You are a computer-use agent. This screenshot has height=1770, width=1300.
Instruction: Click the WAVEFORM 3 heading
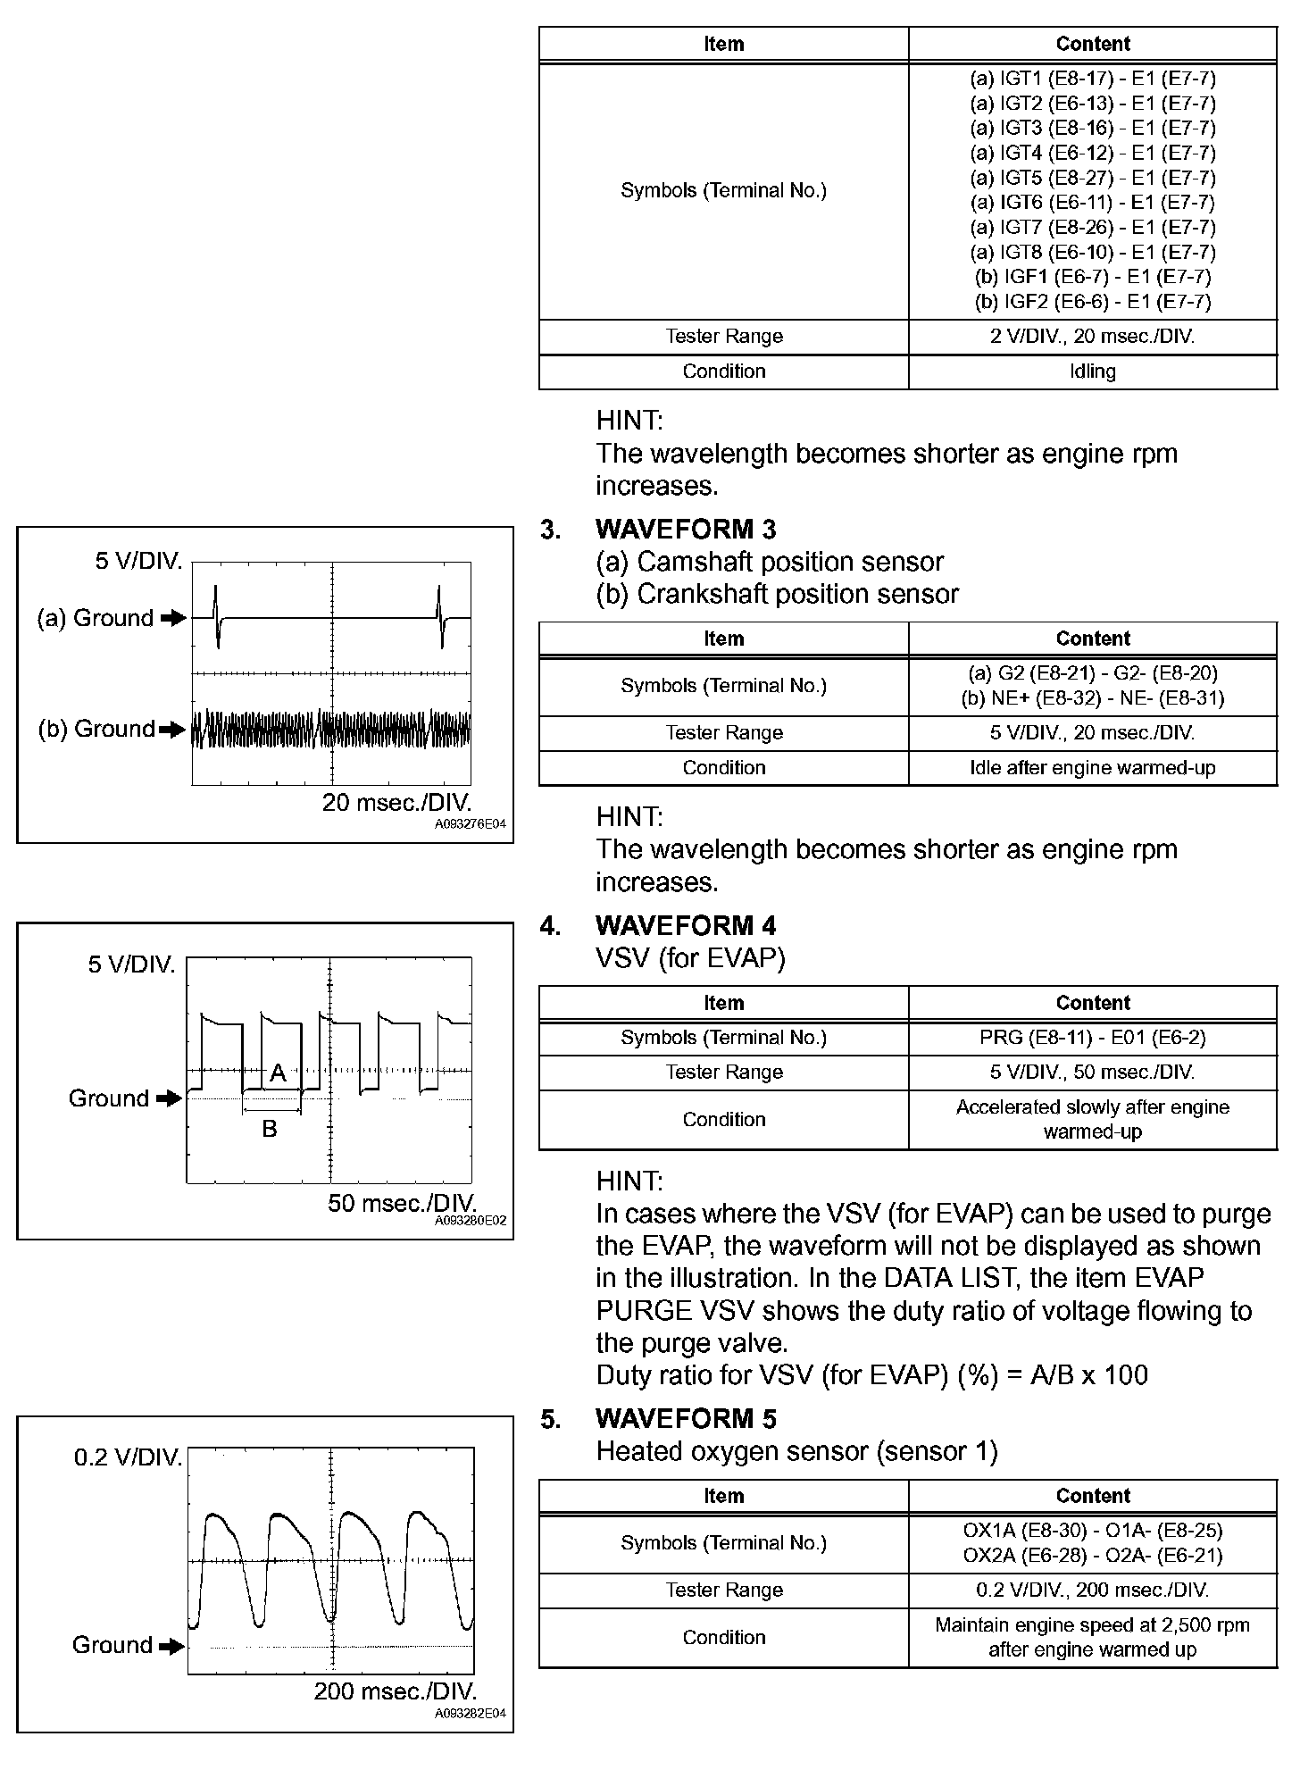tap(685, 530)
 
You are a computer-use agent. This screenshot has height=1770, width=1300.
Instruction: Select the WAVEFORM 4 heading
tap(685, 926)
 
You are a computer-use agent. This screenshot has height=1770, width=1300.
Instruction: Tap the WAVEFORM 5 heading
tap(685, 1419)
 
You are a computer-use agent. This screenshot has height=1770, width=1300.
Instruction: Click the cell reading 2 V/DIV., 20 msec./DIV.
tap(1092, 337)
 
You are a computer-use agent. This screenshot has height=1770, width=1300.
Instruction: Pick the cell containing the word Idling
tap(1092, 372)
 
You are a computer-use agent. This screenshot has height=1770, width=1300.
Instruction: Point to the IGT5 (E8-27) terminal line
tap(1092, 178)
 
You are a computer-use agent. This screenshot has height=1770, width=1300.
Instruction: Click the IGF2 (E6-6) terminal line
tap(1092, 302)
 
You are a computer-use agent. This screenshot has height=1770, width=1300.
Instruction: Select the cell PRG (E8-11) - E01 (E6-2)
tap(1092, 1038)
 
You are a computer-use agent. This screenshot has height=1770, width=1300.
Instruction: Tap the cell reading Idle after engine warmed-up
tap(1092, 768)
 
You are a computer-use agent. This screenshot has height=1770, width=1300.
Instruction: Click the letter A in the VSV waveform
tap(278, 1073)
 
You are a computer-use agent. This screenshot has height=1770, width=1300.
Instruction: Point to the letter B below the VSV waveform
tap(269, 1130)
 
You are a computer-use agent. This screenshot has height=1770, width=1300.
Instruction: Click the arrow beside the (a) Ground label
tap(174, 618)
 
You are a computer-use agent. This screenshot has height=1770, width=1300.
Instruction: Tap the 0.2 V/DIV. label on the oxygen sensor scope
tap(128, 1458)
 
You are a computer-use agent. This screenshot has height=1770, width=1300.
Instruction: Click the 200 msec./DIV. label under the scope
tap(395, 1691)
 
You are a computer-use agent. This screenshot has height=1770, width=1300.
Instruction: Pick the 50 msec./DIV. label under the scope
tap(401, 1203)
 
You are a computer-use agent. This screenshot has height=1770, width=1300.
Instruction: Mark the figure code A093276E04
tap(470, 825)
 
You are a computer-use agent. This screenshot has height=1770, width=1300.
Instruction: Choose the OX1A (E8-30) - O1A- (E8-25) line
tap(1092, 1530)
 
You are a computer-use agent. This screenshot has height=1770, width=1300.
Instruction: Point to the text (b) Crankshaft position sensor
tap(777, 594)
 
